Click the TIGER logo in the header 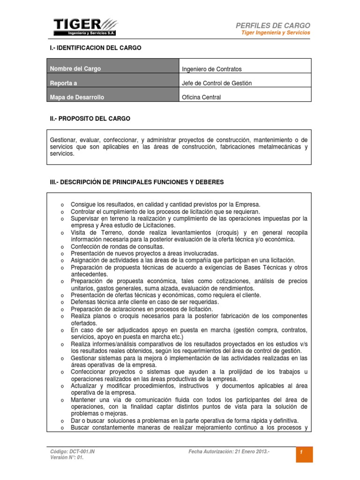coord(85,27)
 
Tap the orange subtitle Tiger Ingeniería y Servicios coord(275,33)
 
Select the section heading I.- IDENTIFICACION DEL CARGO coord(95,48)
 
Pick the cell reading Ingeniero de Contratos coord(211,69)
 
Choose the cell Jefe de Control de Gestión coord(217,83)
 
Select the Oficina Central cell coord(201,97)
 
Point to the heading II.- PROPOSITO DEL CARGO coord(90,119)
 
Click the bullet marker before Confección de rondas coord(62,247)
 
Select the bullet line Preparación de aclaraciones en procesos coord(142,309)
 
